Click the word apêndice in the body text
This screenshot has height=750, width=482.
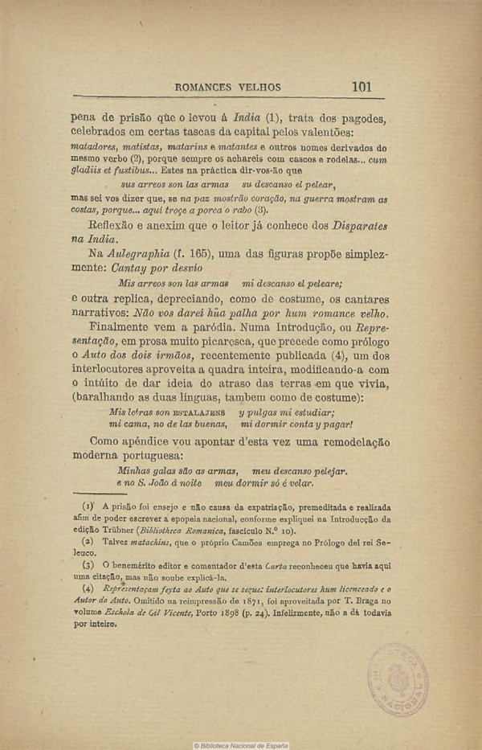coord(153,441)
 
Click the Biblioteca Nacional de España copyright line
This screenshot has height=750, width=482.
coord(241,744)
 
